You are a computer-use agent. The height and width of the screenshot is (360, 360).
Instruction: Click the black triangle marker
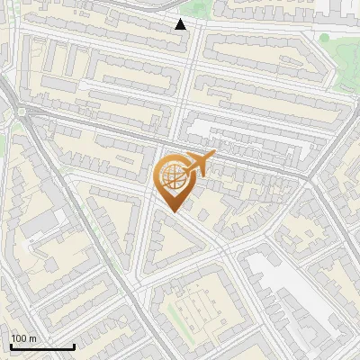pos(181,24)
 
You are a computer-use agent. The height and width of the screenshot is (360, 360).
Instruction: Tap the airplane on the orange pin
pos(197,166)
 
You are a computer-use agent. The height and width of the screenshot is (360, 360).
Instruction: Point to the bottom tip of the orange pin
pos(174,212)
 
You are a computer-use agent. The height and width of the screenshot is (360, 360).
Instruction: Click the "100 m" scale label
pos(24,338)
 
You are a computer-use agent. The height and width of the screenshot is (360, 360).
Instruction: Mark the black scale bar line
pos(42,346)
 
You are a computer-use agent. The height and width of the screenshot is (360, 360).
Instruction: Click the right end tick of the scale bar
pos(74,345)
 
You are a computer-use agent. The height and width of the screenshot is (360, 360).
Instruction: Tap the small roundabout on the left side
pos(19,112)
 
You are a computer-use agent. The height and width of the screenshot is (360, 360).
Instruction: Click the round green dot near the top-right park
pos(324,38)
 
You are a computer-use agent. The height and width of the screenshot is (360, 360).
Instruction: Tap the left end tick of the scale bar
pos(11,345)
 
